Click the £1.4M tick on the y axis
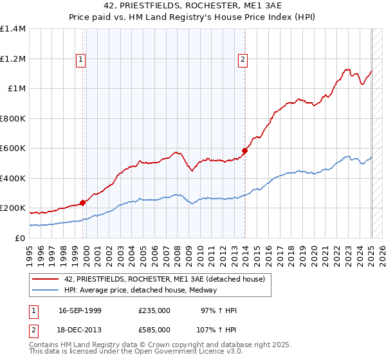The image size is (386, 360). coord(13,29)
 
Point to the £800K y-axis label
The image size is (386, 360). coord(13,118)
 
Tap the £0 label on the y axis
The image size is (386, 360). coord(19,238)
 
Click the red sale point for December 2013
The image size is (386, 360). coord(244,151)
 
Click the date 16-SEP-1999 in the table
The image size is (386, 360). coord(80,311)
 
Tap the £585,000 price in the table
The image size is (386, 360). coord(154,329)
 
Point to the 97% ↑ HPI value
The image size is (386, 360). coord(219,311)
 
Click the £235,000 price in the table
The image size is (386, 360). coord(154,311)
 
